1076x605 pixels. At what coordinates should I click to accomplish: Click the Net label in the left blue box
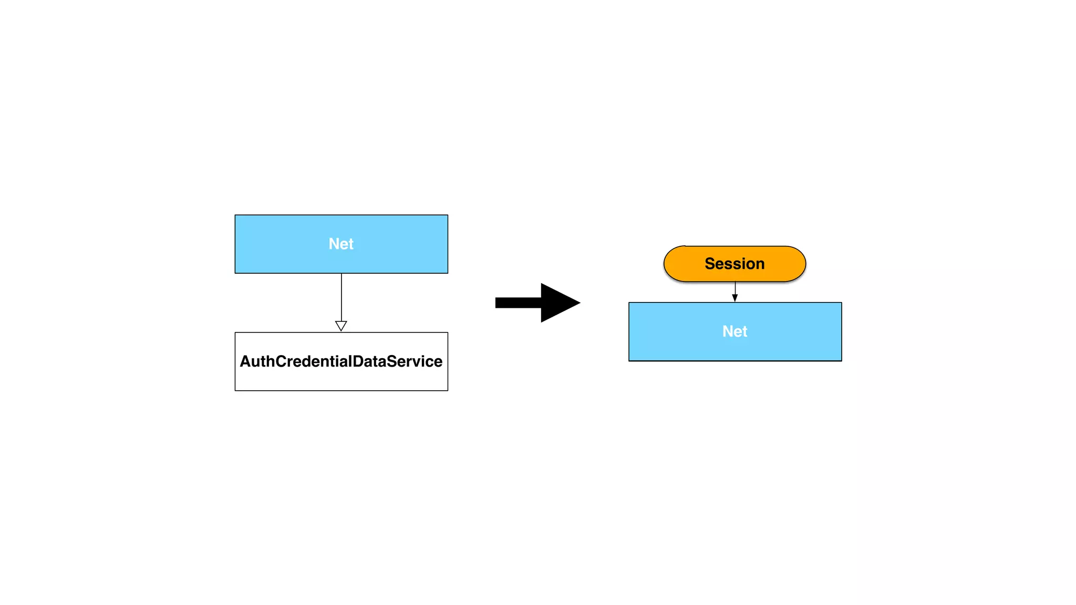coord(341,244)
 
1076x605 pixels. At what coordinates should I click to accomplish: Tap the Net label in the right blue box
coord(734,331)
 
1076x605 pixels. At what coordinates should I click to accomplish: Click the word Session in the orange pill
coord(734,264)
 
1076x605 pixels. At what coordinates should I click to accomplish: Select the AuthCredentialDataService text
coord(341,361)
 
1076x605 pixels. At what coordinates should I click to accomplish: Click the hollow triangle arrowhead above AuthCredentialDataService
coord(341,326)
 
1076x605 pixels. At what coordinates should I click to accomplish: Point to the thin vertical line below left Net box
coord(342,297)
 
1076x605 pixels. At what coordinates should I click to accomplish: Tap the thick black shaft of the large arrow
coord(518,302)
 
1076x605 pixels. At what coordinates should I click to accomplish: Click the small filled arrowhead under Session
coord(735,298)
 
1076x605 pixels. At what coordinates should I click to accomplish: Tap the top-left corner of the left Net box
coord(235,215)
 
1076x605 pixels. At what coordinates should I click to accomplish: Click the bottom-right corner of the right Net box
coord(841,360)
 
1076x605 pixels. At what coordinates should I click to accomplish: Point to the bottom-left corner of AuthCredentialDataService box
coord(235,390)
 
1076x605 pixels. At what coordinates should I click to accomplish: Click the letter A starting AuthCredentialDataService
coord(245,361)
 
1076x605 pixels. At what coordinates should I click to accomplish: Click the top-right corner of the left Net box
coord(448,215)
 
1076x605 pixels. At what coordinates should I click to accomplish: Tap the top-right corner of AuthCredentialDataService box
coord(448,333)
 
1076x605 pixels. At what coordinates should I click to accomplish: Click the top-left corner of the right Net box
coord(629,303)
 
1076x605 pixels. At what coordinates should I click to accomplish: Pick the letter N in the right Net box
coord(728,331)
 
